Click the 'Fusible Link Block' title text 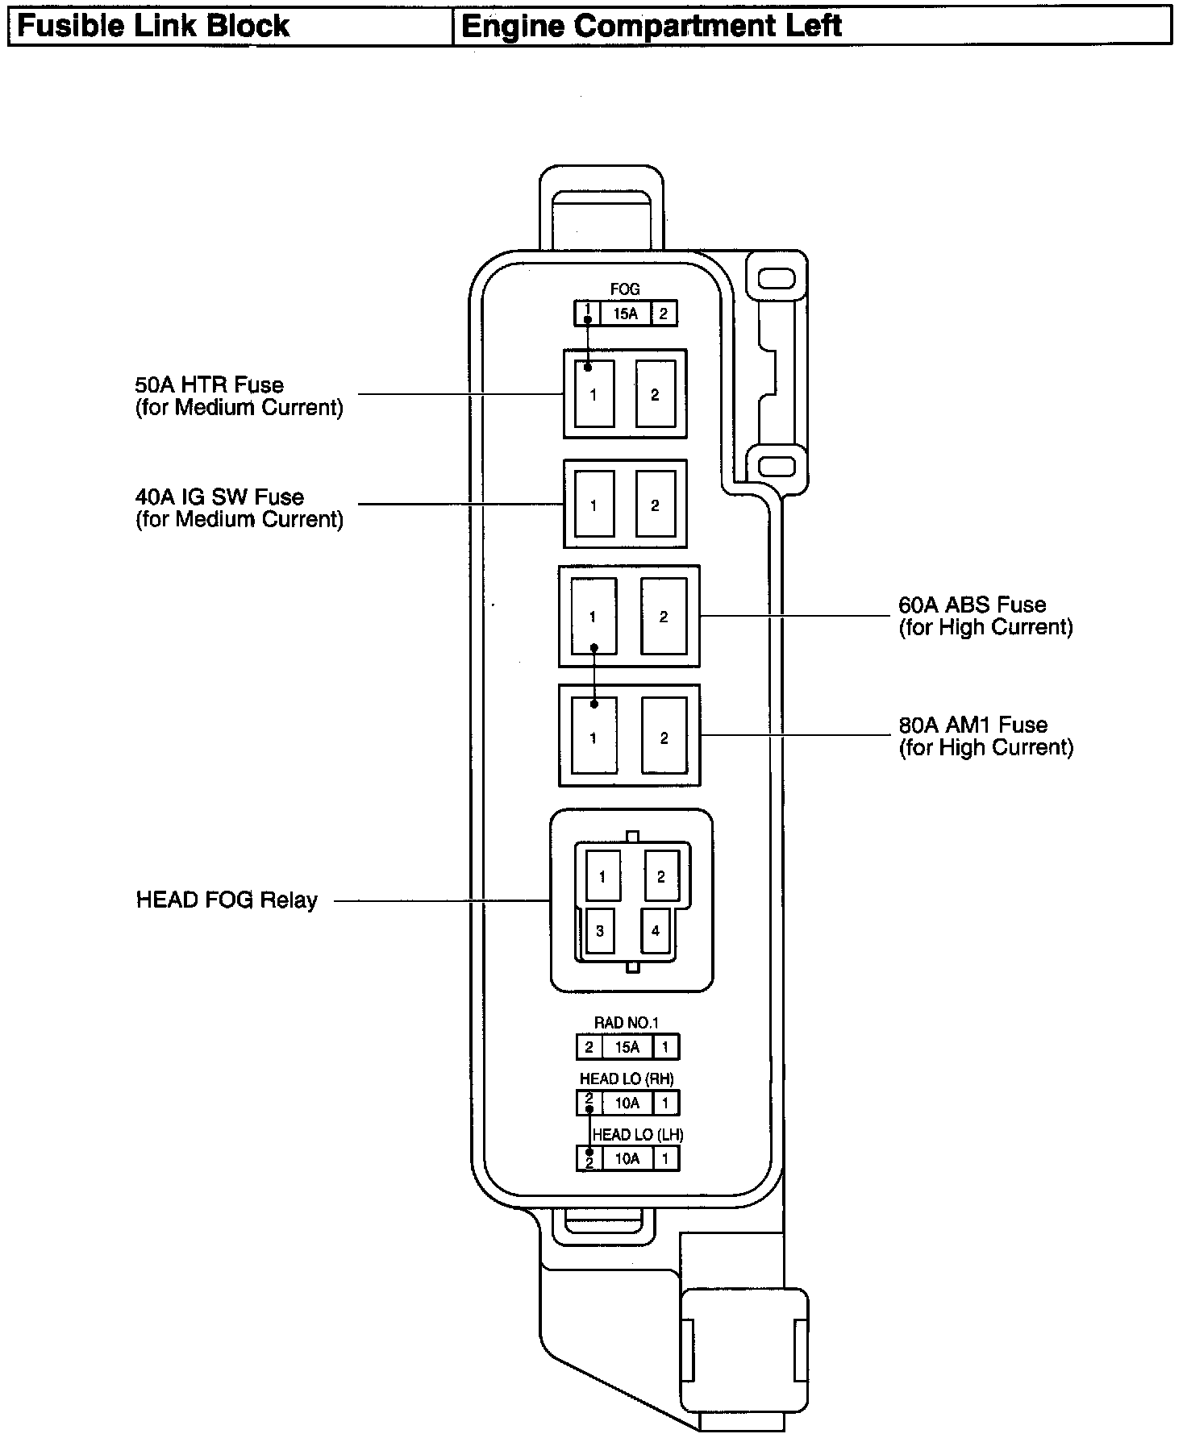click(152, 26)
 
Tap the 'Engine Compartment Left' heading click(651, 26)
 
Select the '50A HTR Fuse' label click(210, 384)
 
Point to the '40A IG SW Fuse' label click(219, 497)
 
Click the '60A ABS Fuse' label click(972, 605)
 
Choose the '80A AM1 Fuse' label click(973, 725)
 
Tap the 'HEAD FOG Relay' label click(227, 900)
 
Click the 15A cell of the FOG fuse click(626, 314)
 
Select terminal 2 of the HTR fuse click(655, 394)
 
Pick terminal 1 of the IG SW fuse click(593, 505)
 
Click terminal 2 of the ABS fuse click(664, 617)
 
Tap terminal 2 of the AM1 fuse click(664, 738)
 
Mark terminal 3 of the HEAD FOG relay click(600, 931)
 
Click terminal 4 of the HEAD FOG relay click(656, 931)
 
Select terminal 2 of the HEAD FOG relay click(661, 876)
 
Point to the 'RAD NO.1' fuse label click(627, 1022)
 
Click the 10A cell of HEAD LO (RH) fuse click(627, 1103)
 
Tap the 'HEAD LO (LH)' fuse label click(637, 1134)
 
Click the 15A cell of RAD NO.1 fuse click(627, 1047)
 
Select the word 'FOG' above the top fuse click(625, 289)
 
